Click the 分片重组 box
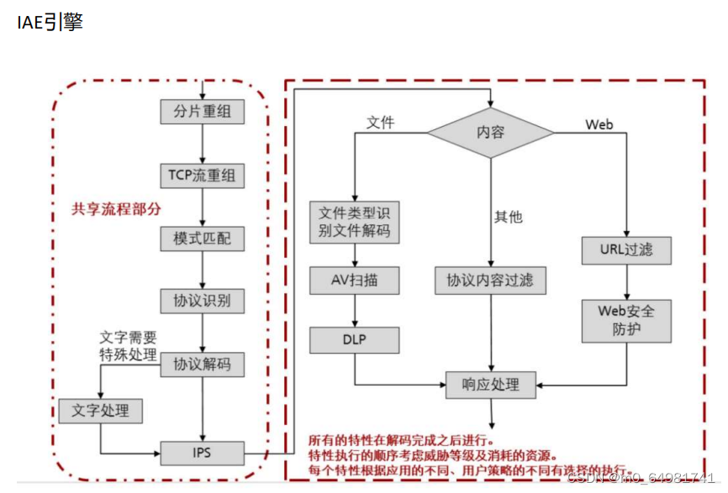coord(203,112)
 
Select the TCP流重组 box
coord(203,176)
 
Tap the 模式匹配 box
coord(203,239)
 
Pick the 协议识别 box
coord(203,301)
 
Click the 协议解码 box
coord(203,365)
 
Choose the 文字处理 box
coord(100,411)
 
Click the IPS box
coord(203,454)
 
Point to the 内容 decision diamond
coord(491,133)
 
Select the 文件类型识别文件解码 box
coord(355,222)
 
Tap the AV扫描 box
coord(355,281)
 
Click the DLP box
coord(355,340)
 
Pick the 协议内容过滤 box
coord(490,281)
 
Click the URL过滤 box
coord(626,250)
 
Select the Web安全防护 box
coord(626,320)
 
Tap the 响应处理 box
coord(490,385)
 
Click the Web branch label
coord(599,124)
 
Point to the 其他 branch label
coord(508,217)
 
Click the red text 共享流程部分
coord(117,209)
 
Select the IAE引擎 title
coord(50,23)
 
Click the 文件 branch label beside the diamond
coord(380,123)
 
